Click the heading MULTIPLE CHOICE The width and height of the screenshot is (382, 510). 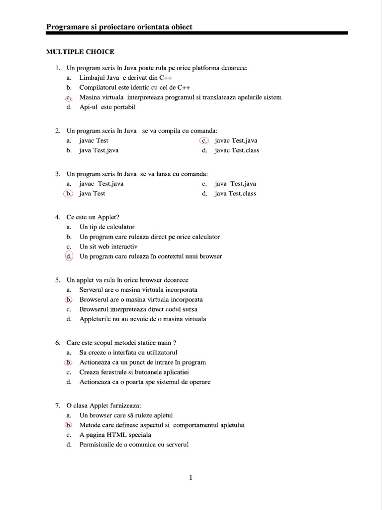pyautogui.click(x=80, y=52)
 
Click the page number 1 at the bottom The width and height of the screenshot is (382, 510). pyautogui.click(x=191, y=478)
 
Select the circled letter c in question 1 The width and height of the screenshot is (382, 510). pyautogui.click(x=69, y=98)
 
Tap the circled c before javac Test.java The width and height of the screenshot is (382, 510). pyautogui.click(x=204, y=141)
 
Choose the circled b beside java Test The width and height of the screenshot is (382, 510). pyautogui.click(x=69, y=194)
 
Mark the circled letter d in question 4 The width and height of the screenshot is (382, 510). pyautogui.click(x=69, y=256)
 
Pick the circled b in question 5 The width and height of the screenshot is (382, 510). pyautogui.click(x=69, y=300)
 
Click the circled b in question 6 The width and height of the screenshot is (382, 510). pyautogui.click(x=69, y=363)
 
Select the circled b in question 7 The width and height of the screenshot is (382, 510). pyautogui.click(x=69, y=425)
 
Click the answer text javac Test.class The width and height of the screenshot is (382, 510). pyautogui.click(x=237, y=150)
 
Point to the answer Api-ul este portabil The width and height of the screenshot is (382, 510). pyautogui.click(x=107, y=107)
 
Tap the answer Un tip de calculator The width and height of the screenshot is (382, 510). pyautogui.click(x=107, y=227)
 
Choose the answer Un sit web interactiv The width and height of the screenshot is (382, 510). pyautogui.click(x=108, y=247)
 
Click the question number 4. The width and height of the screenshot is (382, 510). pyautogui.click(x=57, y=217)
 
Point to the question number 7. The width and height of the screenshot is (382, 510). pyautogui.click(x=57, y=406)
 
